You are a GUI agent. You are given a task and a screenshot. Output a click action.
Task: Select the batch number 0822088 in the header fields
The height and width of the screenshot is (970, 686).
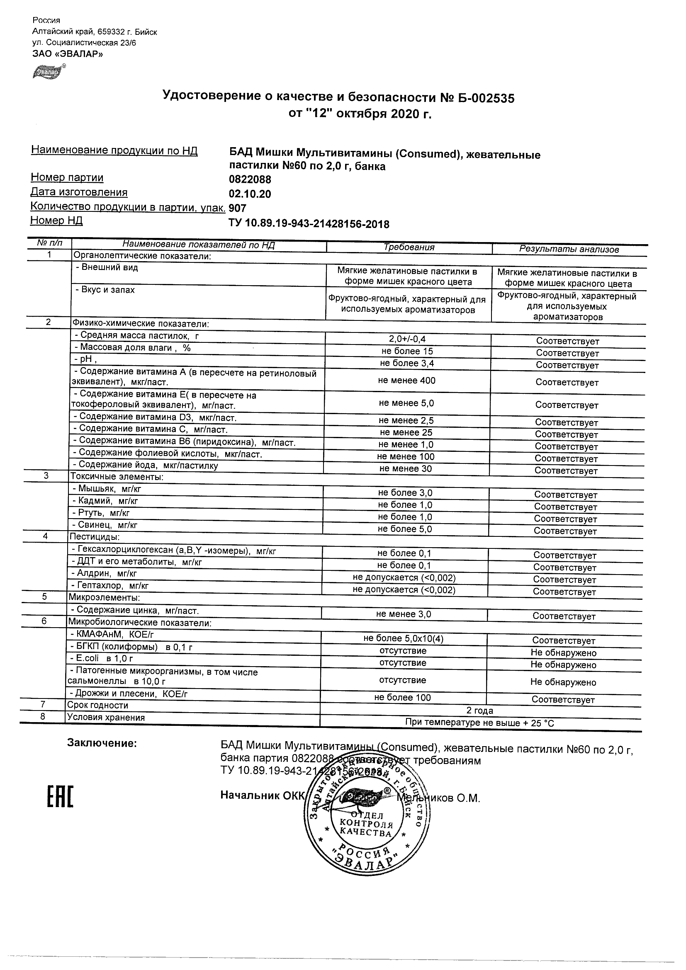coord(250,179)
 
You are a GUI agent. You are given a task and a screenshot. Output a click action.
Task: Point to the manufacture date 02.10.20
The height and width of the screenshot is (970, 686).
coord(250,194)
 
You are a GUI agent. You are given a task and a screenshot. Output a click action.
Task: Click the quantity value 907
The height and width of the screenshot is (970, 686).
coord(237,208)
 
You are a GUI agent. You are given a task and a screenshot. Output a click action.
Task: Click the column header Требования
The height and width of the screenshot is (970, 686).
coord(409,247)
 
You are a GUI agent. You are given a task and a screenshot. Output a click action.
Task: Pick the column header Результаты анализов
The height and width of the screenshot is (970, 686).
coord(569,250)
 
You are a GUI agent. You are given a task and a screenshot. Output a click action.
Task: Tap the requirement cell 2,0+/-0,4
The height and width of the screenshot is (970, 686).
coord(407,339)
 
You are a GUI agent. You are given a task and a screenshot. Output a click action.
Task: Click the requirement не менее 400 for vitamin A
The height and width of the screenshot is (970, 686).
coord(406,381)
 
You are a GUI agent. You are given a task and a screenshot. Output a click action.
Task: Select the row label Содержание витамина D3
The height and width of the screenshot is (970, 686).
coord(155,417)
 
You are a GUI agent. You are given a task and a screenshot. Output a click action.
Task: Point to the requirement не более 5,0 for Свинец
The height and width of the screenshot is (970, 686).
coord(405,529)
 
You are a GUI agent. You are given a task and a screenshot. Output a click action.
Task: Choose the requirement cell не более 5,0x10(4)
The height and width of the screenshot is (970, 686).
coord(403,639)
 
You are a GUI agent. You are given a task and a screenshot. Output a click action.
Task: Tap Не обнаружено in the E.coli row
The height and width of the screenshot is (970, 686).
coord(563,665)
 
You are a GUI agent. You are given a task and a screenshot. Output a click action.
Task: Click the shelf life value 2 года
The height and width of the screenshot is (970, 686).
coord(480,711)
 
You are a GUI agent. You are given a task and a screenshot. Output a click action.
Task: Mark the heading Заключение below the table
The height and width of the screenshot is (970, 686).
coord(102,743)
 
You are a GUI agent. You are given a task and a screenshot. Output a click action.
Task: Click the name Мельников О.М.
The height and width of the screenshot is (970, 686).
coord(440,798)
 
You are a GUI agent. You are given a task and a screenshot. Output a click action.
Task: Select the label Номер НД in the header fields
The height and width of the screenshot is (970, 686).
coord(56,221)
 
